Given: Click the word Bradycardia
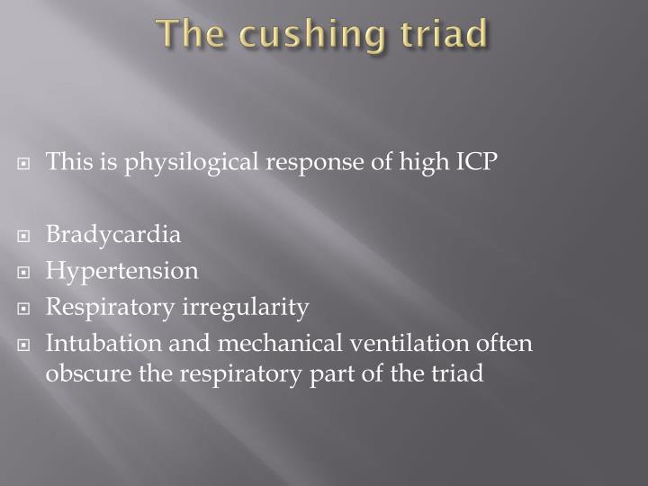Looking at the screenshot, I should (113, 235).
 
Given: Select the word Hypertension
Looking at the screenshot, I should (122, 271).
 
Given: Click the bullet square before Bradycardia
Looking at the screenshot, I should (31, 237).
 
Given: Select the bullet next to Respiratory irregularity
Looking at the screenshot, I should (31, 309).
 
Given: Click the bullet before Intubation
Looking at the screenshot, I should (31, 346).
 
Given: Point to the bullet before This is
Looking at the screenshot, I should (31, 164).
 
